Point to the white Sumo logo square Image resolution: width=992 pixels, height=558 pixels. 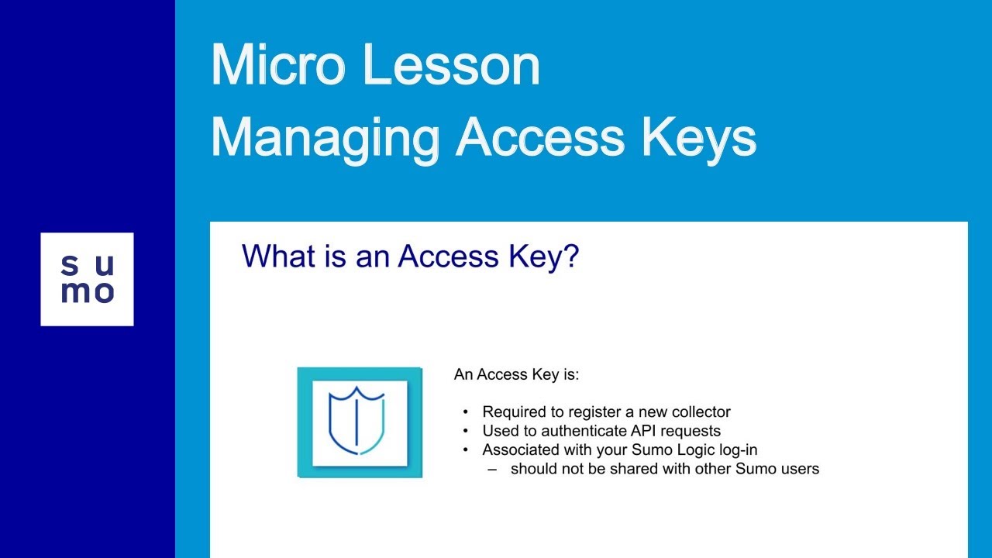pyautogui.click(x=87, y=279)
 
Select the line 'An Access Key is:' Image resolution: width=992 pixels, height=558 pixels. pyautogui.click(x=516, y=375)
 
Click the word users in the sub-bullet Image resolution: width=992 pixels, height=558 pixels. pyautogui.click(x=800, y=469)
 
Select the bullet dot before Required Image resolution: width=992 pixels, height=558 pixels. pyautogui.click(x=466, y=412)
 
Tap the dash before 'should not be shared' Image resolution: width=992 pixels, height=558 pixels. pyautogui.click(x=493, y=469)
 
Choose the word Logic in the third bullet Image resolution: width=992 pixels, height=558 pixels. pyautogui.click(x=679, y=449)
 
